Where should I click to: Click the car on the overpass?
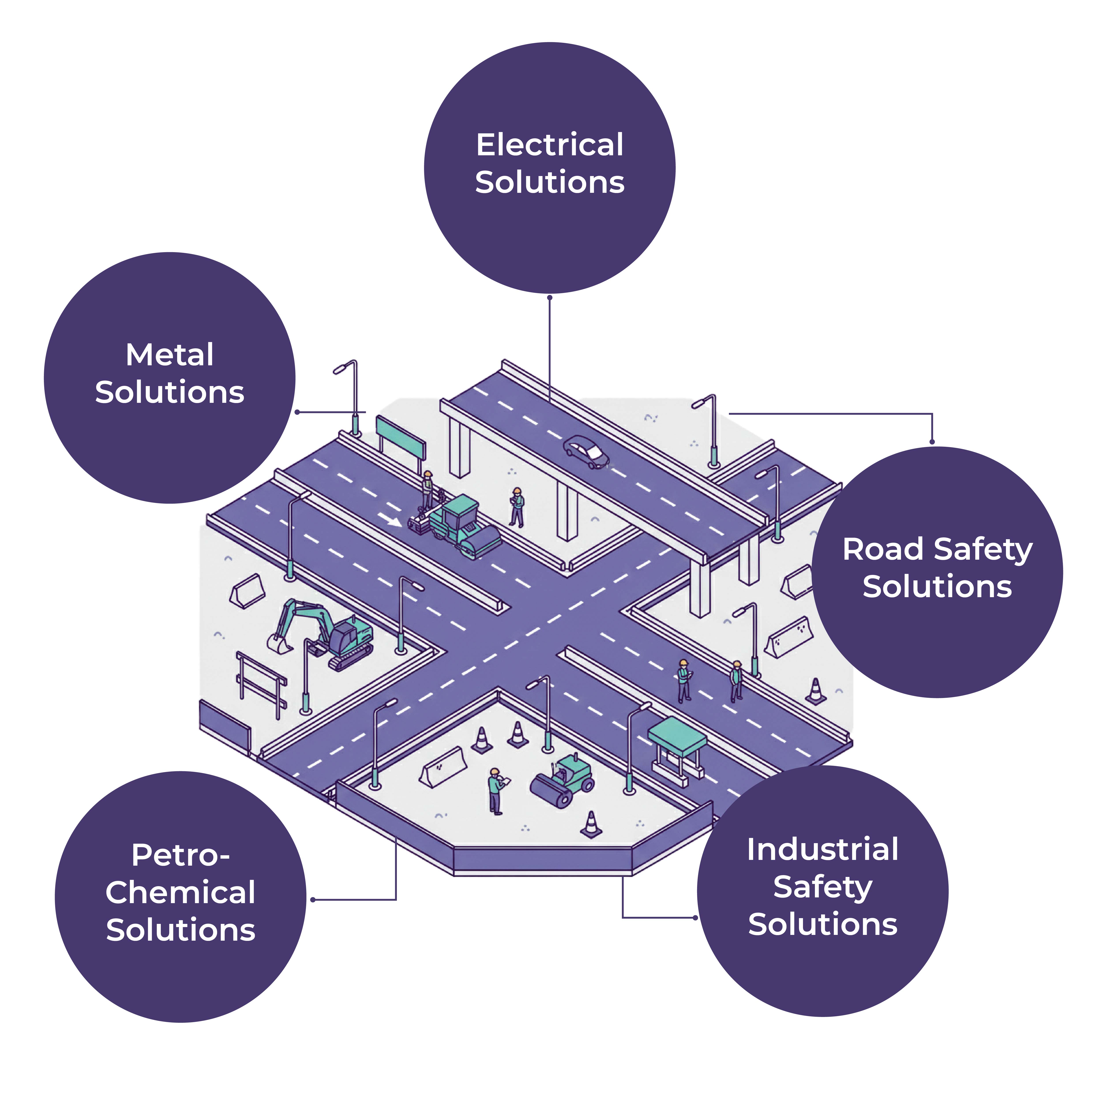[x=586, y=452]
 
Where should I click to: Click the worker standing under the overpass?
[x=517, y=507]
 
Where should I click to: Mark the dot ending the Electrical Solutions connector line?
[x=550, y=297]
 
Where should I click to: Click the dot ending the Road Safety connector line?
[x=932, y=442]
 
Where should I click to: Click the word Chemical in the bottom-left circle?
[x=180, y=892]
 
